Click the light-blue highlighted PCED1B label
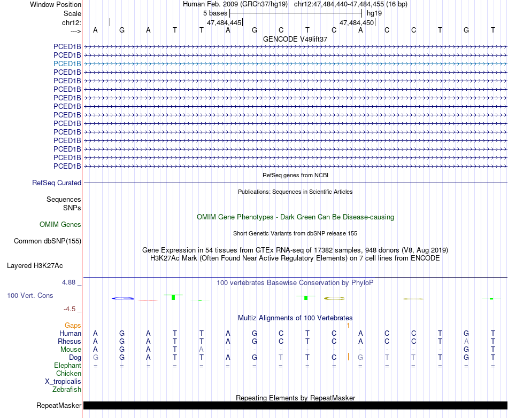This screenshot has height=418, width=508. tap(67, 64)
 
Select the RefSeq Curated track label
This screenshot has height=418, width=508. tap(57, 183)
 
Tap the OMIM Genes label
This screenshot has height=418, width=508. tap(60, 225)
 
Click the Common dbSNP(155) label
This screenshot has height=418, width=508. tap(48, 241)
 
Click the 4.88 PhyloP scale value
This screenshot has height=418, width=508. tap(70, 282)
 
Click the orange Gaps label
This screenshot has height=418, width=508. tap(73, 325)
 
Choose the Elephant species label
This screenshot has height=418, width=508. tap(68, 366)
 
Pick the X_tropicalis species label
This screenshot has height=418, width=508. tap(63, 382)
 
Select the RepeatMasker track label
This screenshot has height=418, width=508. tap(59, 406)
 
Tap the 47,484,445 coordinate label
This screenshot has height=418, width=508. tap(224, 23)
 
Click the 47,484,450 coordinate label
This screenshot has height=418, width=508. tap(357, 23)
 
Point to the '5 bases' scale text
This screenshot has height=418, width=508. tap(215, 13)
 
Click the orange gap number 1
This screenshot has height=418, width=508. tap(348, 325)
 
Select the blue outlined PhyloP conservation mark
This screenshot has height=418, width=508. tap(122, 298)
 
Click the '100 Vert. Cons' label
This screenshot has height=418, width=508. tap(30, 295)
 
